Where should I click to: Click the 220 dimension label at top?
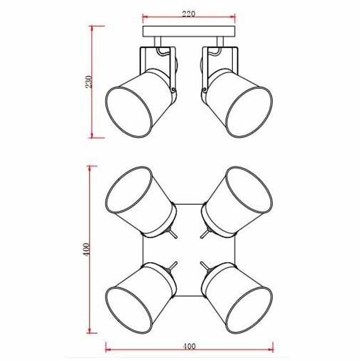188,14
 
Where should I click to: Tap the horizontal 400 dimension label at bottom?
189,346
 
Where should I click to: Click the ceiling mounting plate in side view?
189,31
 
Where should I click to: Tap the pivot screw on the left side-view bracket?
173,90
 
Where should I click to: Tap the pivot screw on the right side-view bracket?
204,90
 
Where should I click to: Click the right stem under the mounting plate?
220,41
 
